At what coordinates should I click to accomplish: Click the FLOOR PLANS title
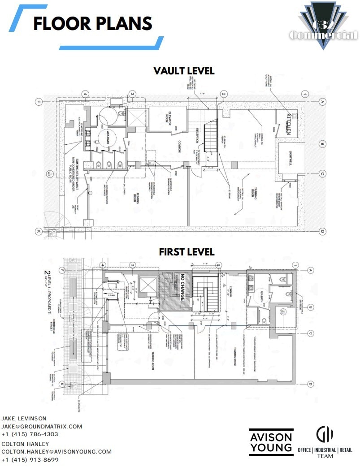pos(93,24)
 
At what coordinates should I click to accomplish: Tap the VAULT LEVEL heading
pos(184,71)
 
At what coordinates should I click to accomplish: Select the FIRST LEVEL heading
pos(187,252)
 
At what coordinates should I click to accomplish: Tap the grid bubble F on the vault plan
pos(39,102)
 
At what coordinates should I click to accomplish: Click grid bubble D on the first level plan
pos(310,384)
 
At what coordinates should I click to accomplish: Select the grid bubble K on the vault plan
pos(39,232)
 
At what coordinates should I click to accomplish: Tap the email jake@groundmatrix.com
pos(42,426)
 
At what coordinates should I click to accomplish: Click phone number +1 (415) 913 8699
pos(30,460)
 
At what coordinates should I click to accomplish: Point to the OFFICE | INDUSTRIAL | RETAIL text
pos(325,450)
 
